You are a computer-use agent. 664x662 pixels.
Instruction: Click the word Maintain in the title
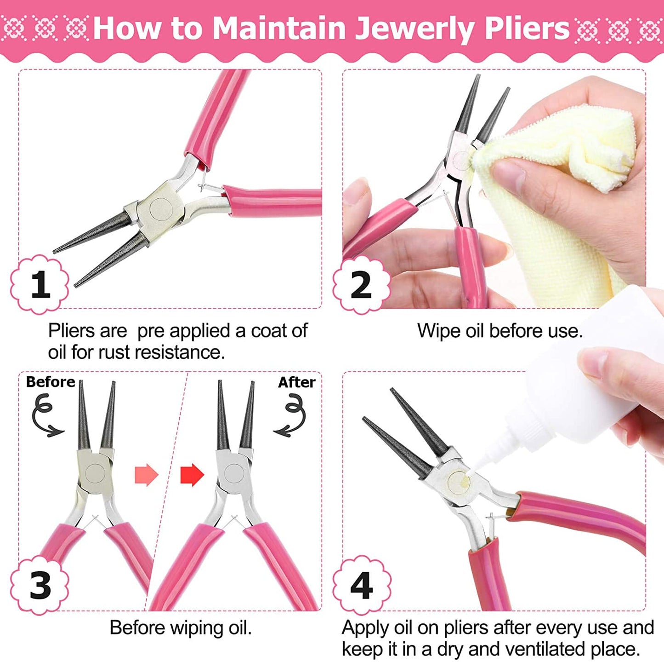(280, 29)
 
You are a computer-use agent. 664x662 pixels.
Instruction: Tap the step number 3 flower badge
(40, 585)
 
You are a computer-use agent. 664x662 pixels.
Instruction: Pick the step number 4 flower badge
(362, 585)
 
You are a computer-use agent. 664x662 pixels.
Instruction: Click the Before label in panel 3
(50, 382)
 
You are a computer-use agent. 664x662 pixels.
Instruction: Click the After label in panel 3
(296, 382)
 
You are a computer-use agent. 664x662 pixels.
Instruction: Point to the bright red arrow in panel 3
(192, 475)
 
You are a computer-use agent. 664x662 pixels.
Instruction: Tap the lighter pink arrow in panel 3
(146, 475)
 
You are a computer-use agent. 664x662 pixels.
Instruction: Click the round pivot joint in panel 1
(159, 207)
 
